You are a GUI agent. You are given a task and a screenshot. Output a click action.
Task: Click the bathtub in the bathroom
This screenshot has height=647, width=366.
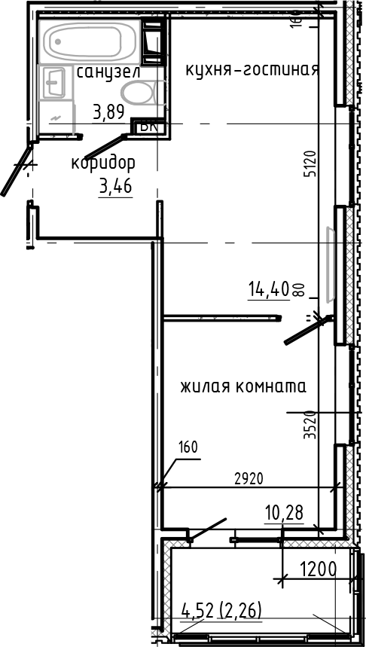point(89,41)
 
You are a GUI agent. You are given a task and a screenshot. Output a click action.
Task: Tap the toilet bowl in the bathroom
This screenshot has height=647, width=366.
point(138,94)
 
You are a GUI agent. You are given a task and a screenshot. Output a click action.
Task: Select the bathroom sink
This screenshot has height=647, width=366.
point(54,82)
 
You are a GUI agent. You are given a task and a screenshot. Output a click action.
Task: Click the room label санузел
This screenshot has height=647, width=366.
point(108,72)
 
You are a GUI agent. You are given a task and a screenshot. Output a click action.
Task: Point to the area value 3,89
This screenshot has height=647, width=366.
point(108,113)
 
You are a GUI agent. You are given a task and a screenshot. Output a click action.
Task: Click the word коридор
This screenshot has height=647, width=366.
point(103,163)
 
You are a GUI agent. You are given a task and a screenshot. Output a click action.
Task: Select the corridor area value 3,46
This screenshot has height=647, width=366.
point(115,186)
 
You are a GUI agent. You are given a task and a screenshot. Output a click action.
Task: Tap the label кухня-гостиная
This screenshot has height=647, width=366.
point(252,70)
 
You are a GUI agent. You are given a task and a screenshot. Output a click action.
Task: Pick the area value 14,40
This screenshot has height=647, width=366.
point(269,288)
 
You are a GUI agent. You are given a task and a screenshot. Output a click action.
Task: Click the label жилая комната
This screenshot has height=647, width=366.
point(242,387)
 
